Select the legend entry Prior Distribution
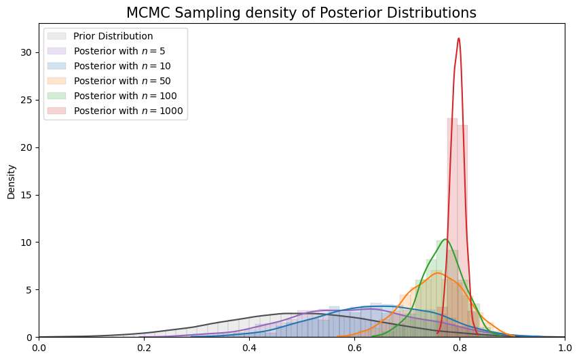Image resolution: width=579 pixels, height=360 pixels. pos(113,36)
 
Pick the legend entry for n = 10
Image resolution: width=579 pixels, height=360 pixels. pos(115,66)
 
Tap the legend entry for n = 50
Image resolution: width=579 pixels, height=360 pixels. pos(115,81)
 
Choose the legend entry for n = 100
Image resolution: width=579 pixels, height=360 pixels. pos(118,96)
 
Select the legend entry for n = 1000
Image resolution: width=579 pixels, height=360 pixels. pos(121,111)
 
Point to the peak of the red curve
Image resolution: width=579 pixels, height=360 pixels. pos(459,38)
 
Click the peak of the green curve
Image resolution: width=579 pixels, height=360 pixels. pos(445,239)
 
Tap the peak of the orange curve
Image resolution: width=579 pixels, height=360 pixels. pos(437,273)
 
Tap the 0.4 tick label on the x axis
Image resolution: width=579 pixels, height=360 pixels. pos(249,347)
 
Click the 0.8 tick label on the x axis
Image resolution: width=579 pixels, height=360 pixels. pos(460,347)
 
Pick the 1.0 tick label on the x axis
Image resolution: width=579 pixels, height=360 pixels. pos(565,347)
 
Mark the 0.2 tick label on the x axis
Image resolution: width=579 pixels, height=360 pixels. pos(144,347)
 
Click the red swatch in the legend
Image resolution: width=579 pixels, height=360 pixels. pos(57,111)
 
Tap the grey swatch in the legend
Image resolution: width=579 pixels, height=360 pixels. pos(57,36)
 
